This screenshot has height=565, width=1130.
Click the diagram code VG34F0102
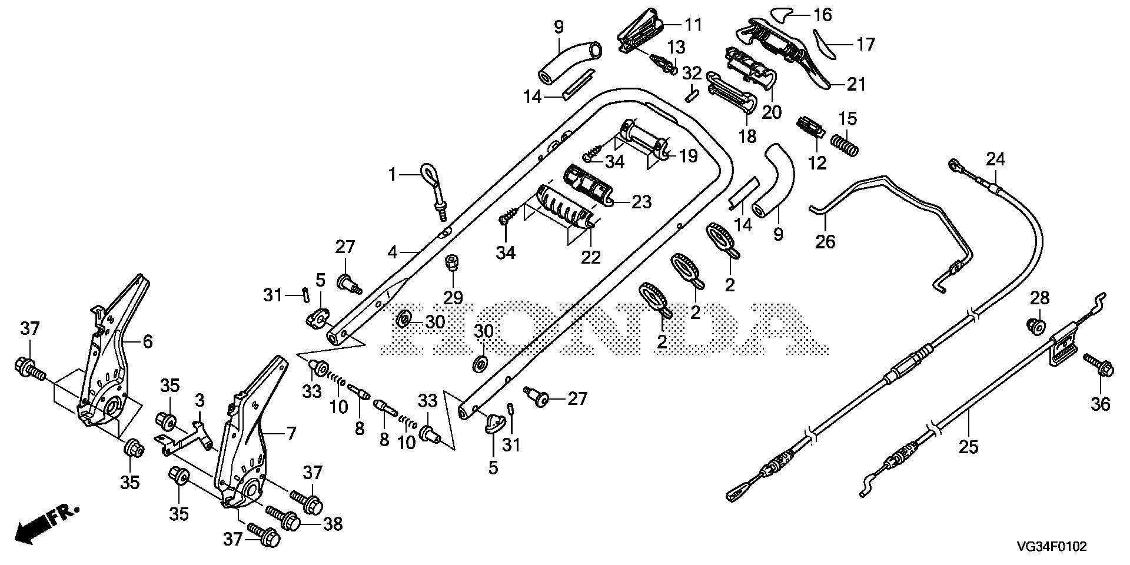click(x=1057, y=547)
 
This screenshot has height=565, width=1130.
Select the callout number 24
click(x=996, y=159)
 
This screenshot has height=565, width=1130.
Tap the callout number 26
click(x=825, y=241)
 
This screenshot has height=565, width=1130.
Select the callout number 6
click(x=147, y=341)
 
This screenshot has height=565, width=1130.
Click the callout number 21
click(x=856, y=84)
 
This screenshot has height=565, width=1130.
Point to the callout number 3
click(x=200, y=401)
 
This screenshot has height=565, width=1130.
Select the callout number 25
click(x=968, y=447)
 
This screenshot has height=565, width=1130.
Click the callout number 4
click(x=393, y=252)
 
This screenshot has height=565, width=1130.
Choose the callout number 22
click(x=591, y=257)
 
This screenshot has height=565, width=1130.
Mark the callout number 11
click(x=693, y=25)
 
